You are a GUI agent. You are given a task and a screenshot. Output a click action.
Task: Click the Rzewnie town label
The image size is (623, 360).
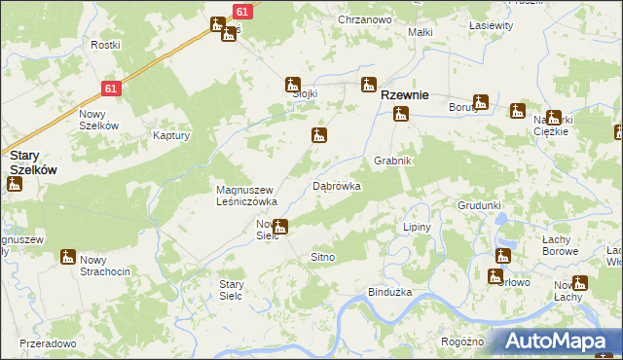coord(406,95)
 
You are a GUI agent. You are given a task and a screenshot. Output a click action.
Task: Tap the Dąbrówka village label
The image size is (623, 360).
coord(337,185)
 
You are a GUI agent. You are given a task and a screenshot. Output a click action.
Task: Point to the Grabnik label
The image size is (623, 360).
coord(393,161)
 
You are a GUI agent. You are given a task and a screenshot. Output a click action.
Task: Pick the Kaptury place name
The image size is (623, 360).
coord(170,136)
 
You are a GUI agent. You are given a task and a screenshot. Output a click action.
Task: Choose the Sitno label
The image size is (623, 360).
coord(322,256)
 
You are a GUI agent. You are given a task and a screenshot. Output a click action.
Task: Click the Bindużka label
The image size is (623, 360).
coord(390,292)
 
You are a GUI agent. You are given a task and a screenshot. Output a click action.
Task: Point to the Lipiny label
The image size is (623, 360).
coord(418,226)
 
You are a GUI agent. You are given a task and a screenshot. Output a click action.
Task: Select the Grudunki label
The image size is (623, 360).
coord(479,206)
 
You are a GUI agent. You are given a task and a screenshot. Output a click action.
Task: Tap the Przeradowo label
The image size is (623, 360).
coord(47,343)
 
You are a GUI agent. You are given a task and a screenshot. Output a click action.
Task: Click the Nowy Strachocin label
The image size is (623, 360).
coord(106,265)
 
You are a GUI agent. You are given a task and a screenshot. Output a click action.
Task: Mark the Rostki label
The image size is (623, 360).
coord(105,45)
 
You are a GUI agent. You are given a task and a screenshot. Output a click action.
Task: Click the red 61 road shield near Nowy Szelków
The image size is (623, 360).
coord(111,89)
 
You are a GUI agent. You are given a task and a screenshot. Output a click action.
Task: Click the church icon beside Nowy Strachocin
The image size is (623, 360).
coord(67,258)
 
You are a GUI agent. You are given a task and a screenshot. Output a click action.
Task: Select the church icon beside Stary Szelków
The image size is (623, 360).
coord(14,184)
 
